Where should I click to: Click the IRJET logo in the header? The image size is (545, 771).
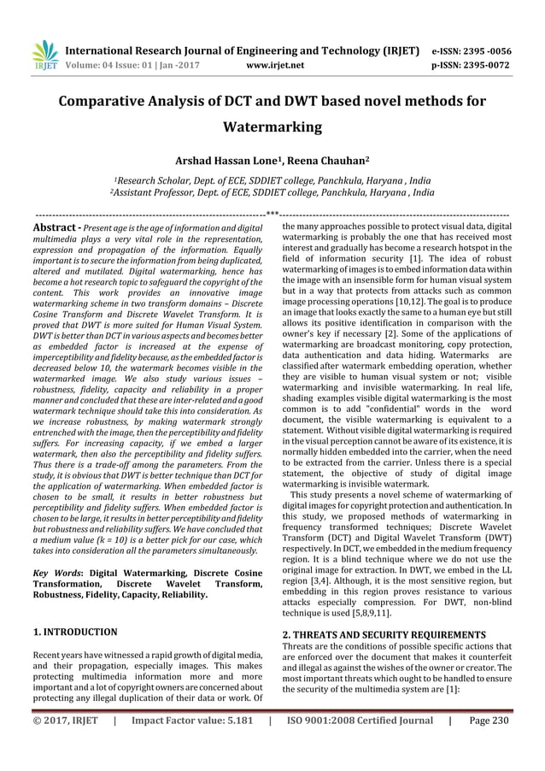(x=44, y=54)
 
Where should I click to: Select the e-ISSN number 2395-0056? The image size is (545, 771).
(x=489, y=48)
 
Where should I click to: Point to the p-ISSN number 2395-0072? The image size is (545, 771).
(x=489, y=62)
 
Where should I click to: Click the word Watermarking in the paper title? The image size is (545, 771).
(x=272, y=127)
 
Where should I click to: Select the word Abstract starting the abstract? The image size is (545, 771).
(x=52, y=229)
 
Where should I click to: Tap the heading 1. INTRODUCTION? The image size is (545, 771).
(x=75, y=632)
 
